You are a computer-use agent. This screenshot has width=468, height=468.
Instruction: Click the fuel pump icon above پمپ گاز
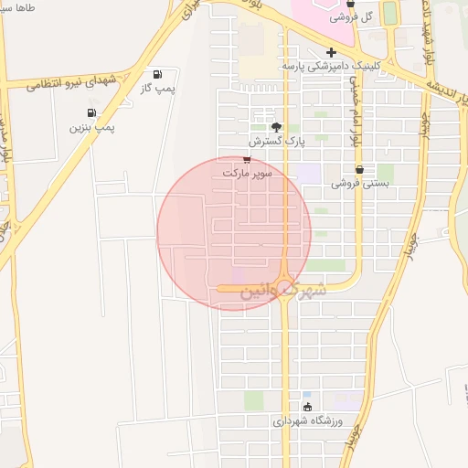tap(158, 74)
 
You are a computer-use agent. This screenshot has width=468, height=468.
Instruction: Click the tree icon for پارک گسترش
tap(277, 128)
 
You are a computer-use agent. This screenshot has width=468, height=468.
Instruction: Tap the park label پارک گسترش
tap(276, 143)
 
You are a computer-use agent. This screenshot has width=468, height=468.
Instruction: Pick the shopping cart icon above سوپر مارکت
tap(247, 159)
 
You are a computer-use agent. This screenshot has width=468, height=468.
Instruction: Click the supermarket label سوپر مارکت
tap(248, 172)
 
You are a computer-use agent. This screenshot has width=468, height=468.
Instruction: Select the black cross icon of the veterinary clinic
tap(331, 53)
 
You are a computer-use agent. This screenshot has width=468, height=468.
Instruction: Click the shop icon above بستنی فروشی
tap(359, 169)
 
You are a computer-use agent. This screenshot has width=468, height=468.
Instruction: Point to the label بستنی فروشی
tap(360, 183)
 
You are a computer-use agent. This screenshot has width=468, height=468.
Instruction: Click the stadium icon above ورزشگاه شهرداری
tap(307, 407)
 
